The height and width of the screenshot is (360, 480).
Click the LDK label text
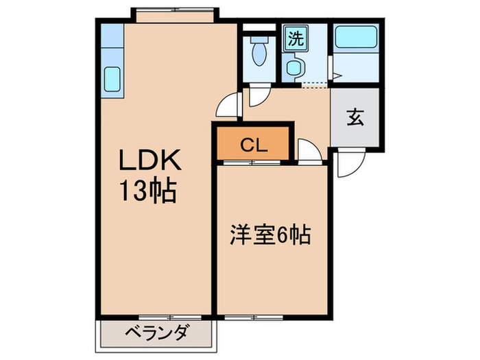pyautogui.click(x=150, y=163)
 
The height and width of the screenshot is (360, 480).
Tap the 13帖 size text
pyautogui.click(x=150, y=191)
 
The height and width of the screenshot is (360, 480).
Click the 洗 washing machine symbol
pyautogui.click(x=295, y=38)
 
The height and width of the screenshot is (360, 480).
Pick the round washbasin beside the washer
pyautogui.click(x=294, y=67)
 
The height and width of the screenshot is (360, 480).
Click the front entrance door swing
pyautogui.click(x=350, y=165)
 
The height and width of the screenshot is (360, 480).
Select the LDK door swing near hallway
pyautogui.click(x=226, y=107)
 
